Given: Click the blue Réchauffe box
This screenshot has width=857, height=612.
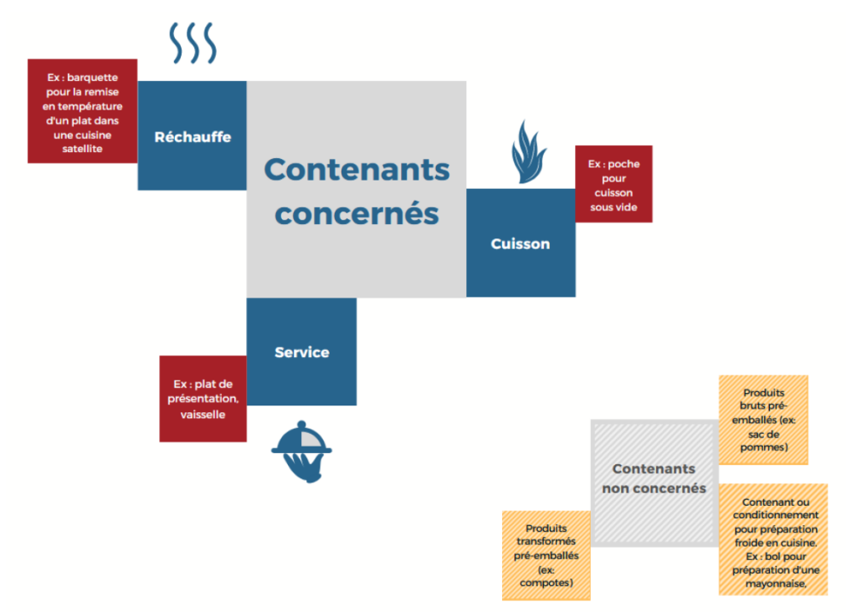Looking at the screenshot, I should (x=192, y=135).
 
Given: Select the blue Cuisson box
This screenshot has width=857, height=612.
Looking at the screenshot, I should (x=521, y=243).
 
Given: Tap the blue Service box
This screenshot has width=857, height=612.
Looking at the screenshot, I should (x=302, y=352).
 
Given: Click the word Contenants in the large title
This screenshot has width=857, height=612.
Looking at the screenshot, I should (x=357, y=170).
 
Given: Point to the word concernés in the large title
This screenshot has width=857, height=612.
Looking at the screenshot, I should (x=357, y=213).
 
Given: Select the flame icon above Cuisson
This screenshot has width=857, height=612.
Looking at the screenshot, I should (x=528, y=152).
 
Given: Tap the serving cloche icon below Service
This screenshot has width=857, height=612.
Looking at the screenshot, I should (x=301, y=453).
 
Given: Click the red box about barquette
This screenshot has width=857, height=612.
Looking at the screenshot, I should (x=82, y=111).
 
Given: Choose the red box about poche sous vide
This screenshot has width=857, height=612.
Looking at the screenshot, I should (x=613, y=184).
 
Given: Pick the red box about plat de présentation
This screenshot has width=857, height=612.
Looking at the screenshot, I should (x=203, y=399).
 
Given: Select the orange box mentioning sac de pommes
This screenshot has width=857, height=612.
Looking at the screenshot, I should (x=763, y=420).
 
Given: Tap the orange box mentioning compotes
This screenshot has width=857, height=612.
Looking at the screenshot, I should (x=546, y=555).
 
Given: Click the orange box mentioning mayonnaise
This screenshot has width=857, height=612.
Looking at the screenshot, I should (x=773, y=539).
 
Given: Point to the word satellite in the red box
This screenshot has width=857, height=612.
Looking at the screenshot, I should (x=82, y=149).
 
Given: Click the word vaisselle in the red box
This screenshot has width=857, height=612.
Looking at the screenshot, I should (x=203, y=414).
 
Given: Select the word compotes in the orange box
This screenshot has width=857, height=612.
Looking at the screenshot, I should (x=546, y=583).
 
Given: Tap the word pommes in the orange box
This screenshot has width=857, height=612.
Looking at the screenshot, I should (x=763, y=447).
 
